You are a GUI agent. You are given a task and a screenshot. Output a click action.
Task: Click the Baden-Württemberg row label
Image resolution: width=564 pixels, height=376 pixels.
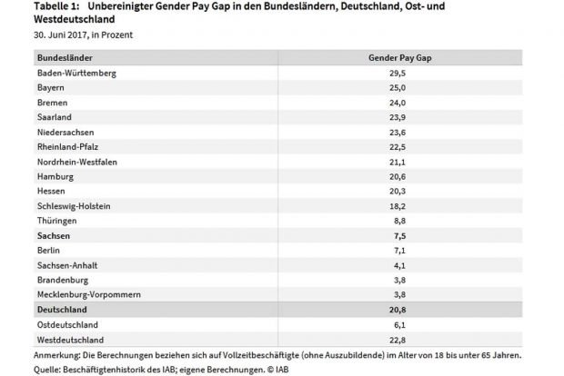pyautogui.click(x=76, y=72)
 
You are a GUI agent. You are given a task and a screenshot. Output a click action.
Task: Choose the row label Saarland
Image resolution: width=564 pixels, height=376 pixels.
pyautogui.click(x=55, y=117)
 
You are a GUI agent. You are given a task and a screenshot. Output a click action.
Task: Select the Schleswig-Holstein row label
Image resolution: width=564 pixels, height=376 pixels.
pyautogui.click(x=74, y=205)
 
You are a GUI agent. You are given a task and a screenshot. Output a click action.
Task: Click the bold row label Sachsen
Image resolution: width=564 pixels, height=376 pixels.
pyautogui.click(x=54, y=235)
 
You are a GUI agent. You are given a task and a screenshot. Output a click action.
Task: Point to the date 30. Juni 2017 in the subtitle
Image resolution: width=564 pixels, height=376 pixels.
pyautogui.click(x=62, y=35)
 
